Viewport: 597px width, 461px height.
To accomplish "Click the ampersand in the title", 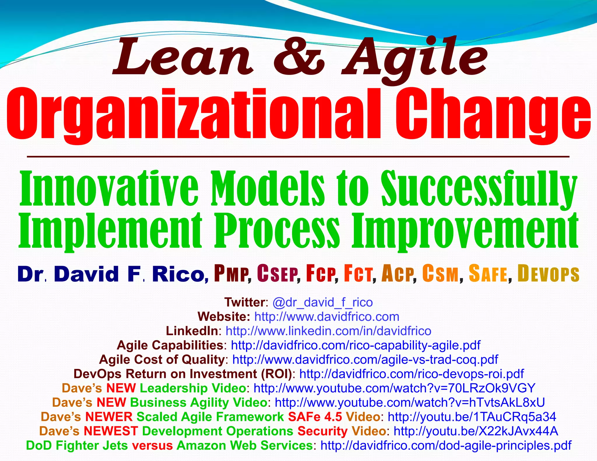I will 299,58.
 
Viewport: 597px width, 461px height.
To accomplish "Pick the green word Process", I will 277,230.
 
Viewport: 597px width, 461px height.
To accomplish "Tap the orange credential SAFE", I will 488,274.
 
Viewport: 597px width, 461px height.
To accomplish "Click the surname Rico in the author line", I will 178,274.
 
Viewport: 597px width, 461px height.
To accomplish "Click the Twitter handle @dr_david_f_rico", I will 322,302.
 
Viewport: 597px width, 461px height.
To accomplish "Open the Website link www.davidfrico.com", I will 326,317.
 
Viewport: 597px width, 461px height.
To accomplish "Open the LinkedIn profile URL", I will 328,331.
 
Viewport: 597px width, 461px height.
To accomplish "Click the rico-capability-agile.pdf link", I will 356,345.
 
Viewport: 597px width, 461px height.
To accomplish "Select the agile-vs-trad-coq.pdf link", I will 365,360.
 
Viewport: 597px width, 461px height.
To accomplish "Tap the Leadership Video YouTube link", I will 394,388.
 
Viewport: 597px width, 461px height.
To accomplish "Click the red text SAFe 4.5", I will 315,417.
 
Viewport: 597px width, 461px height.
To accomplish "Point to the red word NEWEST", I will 111,431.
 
